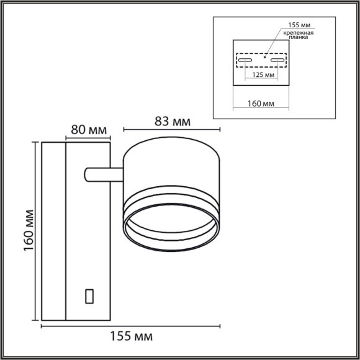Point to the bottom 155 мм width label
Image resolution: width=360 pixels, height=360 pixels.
coord(131,336)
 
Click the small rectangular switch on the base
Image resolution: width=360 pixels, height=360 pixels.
coord(89,296)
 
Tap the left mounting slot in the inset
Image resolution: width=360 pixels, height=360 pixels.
coord(244,61)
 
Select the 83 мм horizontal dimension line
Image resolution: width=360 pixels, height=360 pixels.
coord(172,130)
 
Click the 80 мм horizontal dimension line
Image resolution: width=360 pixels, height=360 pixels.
coord(88,138)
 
